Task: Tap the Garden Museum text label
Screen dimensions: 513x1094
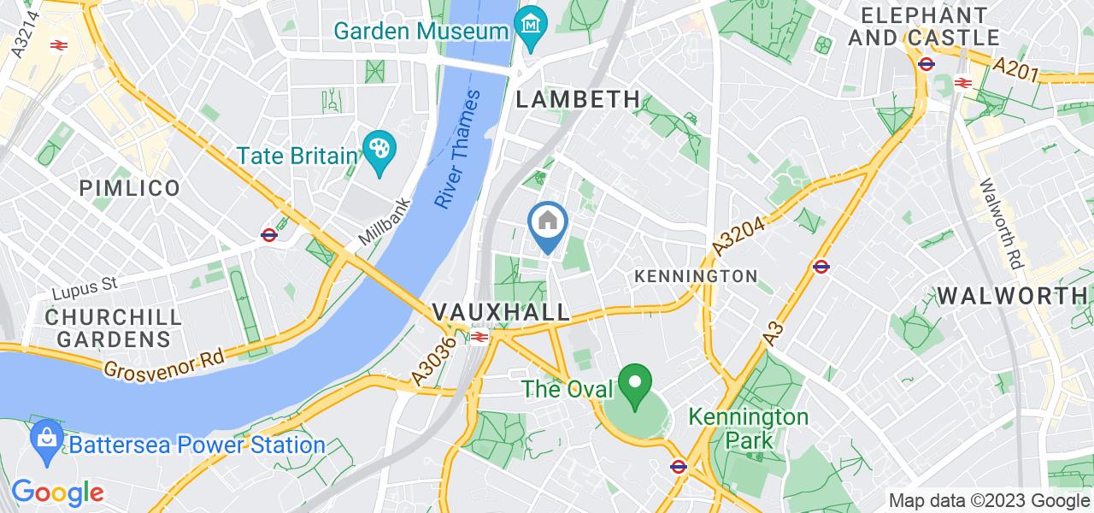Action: click(421, 32)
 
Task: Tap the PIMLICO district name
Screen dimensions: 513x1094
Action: click(129, 189)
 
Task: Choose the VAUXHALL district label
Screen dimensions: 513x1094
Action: click(501, 312)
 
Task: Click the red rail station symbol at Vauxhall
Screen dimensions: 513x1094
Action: click(478, 337)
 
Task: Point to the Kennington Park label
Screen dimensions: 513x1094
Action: click(749, 428)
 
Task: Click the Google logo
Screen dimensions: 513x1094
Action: click(57, 492)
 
